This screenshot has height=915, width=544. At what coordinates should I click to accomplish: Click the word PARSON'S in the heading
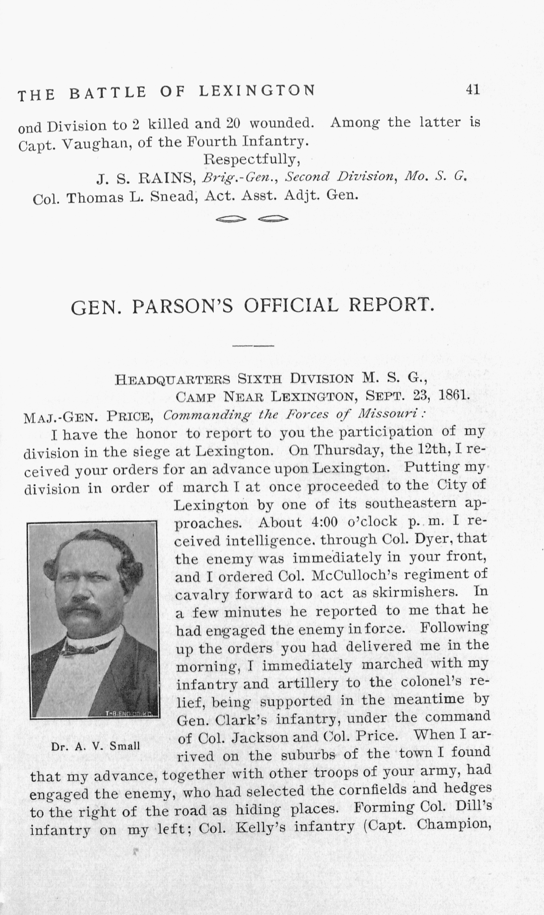(x=182, y=306)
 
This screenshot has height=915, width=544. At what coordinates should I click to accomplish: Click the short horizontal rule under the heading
(x=253, y=345)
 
